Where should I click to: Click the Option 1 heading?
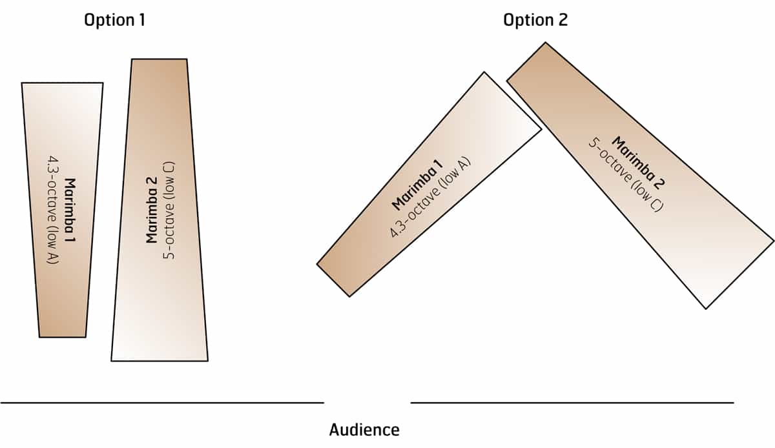(114, 20)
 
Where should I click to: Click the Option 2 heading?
(535, 20)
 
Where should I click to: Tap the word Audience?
(364, 430)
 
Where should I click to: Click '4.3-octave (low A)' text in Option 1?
(54, 210)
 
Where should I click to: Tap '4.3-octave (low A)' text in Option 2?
(431, 198)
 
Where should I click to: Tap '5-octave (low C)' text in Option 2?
(623, 174)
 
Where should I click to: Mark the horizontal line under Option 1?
(161, 402)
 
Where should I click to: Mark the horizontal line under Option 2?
(572, 402)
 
